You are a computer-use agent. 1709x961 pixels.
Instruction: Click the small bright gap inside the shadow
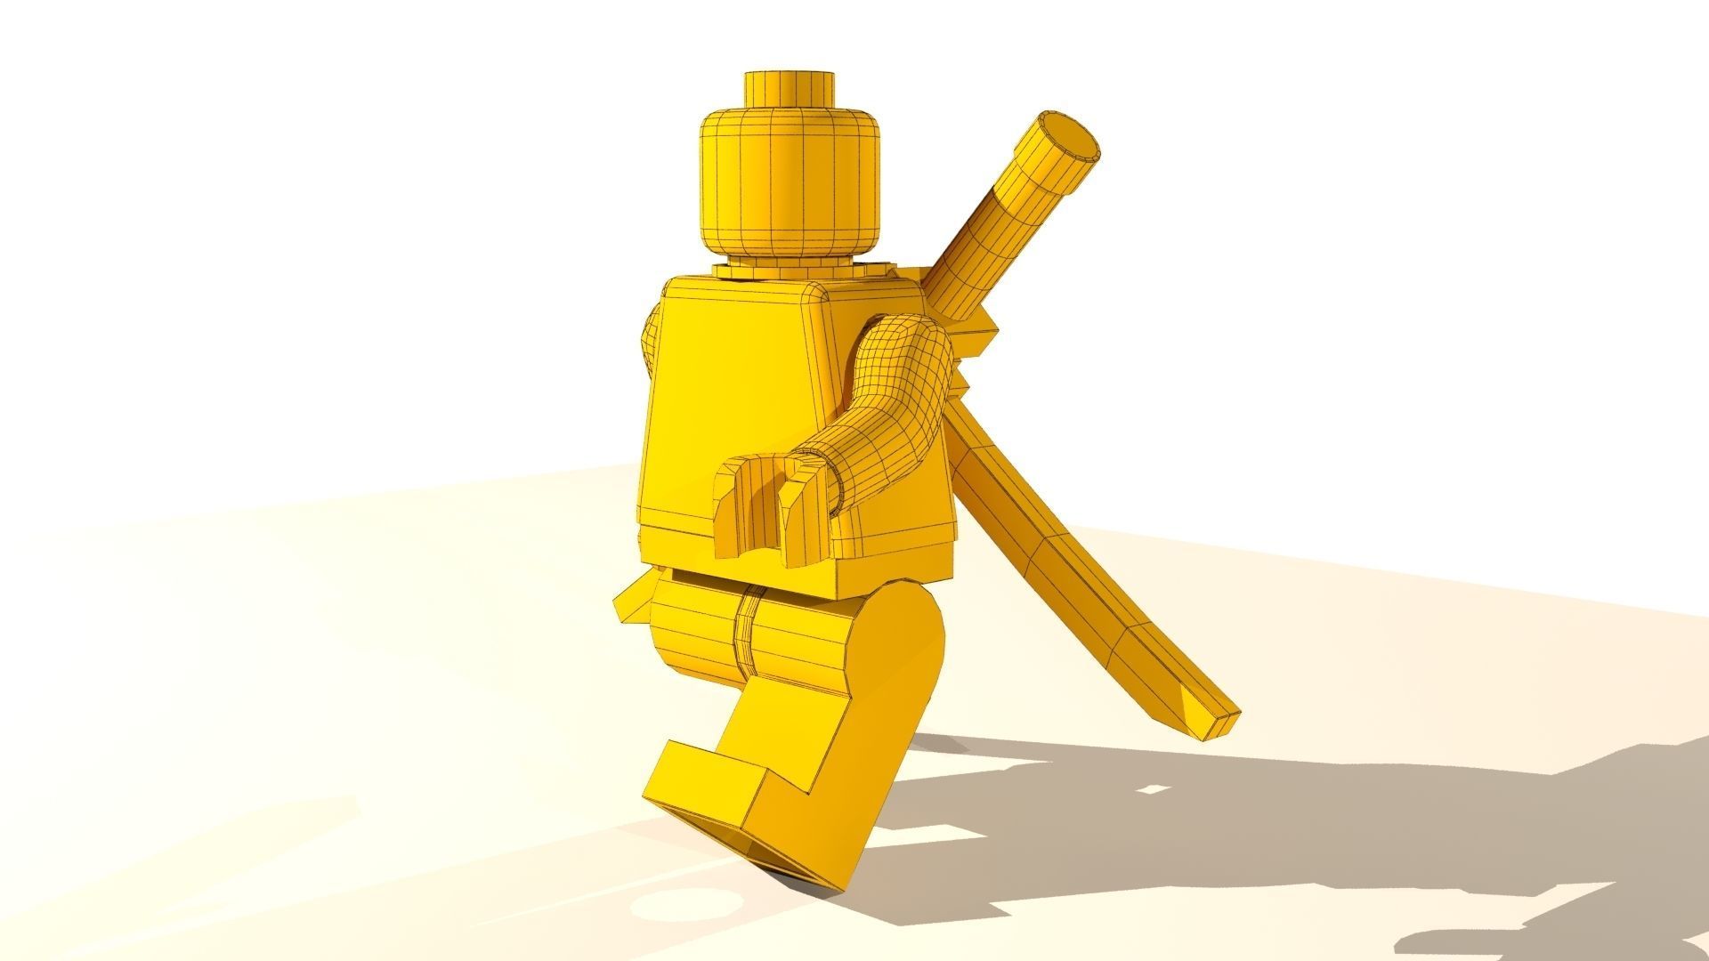[x=1154, y=788]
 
